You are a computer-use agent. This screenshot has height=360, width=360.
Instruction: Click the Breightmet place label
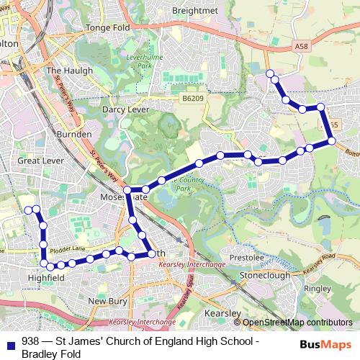[195, 10]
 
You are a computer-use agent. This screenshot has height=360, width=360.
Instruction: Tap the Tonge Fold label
[107, 28]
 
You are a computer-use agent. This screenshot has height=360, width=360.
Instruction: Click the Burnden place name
[74, 134]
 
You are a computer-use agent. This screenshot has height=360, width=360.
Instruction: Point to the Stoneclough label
[265, 275]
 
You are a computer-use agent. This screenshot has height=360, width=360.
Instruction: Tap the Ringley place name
[317, 289]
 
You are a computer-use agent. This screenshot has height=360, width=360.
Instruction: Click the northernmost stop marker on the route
[270, 73]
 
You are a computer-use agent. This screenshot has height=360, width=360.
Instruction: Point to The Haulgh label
[66, 71]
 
